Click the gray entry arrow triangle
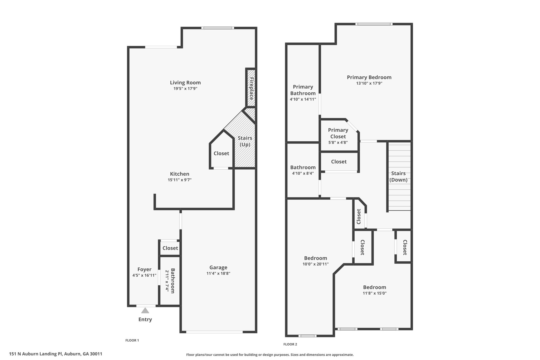coord(145,310)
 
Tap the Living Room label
coord(185,83)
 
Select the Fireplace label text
coord(251,88)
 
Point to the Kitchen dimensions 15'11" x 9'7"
coord(180,180)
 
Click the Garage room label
coord(218,267)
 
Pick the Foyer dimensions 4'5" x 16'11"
coord(144,275)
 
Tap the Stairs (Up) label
coord(245,141)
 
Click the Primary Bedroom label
coord(369,77)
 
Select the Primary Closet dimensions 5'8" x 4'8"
coord(338,142)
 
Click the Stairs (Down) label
coord(398,176)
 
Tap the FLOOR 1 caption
coord(132,340)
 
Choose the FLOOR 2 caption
coord(290,344)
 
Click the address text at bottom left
coord(56,354)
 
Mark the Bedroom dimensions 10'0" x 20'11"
coord(316,264)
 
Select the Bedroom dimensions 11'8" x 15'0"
coord(375,293)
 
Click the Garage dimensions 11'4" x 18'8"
coord(218,273)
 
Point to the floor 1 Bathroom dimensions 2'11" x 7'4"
coord(167,281)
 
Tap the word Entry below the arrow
coord(145,319)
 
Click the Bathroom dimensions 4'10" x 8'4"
coord(303,173)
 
